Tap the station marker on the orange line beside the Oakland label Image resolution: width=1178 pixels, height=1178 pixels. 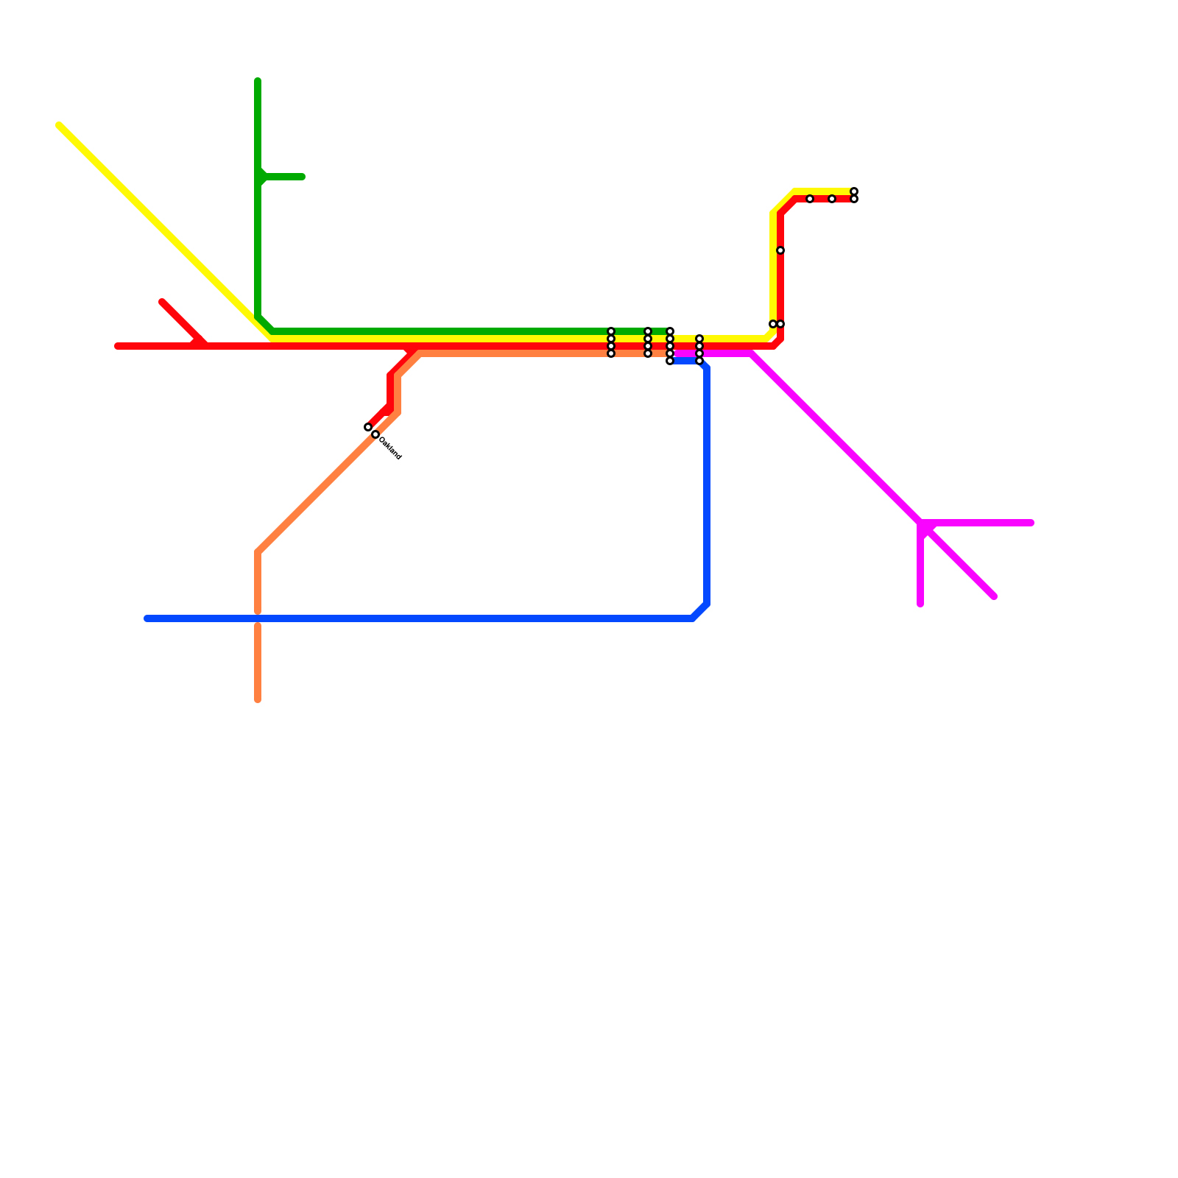click(x=375, y=434)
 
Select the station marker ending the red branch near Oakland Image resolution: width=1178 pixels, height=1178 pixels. click(x=368, y=427)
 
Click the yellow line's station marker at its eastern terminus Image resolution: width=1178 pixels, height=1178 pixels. click(x=854, y=191)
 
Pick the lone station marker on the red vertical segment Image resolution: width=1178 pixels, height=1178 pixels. click(x=780, y=250)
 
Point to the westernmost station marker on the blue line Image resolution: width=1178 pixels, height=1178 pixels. click(x=670, y=361)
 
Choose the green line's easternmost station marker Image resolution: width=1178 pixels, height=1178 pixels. click(x=670, y=331)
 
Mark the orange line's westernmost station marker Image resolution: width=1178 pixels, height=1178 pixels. click(x=375, y=434)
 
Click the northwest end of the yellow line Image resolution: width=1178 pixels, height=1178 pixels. click(x=60, y=126)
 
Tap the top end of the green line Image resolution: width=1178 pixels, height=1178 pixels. click(x=258, y=80)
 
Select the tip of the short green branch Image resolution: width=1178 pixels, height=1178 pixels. click(x=302, y=177)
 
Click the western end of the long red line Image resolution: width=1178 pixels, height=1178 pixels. click(x=118, y=346)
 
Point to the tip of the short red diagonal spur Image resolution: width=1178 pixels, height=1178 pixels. click(x=163, y=303)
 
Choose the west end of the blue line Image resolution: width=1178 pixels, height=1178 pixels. click(x=147, y=618)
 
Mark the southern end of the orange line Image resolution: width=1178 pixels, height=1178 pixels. click(x=258, y=699)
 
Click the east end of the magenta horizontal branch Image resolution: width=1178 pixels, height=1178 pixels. click(x=1031, y=523)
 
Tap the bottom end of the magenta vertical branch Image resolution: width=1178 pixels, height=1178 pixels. click(x=920, y=604)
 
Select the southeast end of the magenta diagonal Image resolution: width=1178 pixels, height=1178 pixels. click(x=993, y=596)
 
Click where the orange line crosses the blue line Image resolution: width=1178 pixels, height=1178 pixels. click(x=258, y=618)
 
